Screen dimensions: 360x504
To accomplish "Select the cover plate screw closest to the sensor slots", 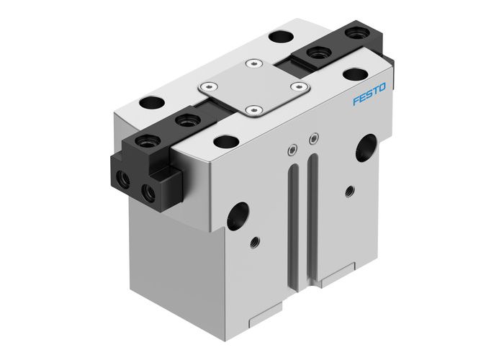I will tap(251, 110).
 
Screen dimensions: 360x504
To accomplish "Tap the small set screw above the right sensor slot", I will tap(312, 138).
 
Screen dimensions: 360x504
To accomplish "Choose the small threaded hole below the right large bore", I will tap(349, 192).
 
